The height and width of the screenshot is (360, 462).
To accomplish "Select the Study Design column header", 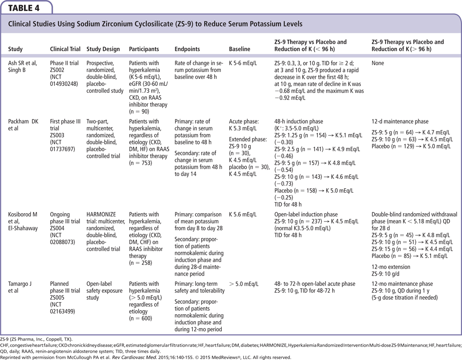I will (x=103, y=49).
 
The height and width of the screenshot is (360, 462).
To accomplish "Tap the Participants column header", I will (x=144, y=49).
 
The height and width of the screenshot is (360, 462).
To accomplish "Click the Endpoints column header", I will (x=188, y=49).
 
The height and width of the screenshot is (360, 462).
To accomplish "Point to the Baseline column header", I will (x=239, y=49).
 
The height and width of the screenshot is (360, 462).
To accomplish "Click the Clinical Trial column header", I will (x=65, y=49).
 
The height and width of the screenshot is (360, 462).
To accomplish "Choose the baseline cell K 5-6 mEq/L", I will (x=244, y=63).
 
